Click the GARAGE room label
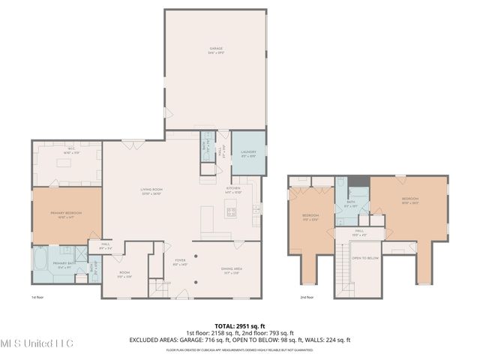pyautogui.click(x=215, y=52)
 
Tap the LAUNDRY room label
pyautogui.click(x=247, y=154)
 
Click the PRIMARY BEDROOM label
pyautogui.click(x=66, y=214)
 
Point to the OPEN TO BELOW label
pyautogui.click(x=365, y=257)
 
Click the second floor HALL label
pyautogui.click(x=359, y=232)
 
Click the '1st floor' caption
pyautogui.click(x=37, y=298)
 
